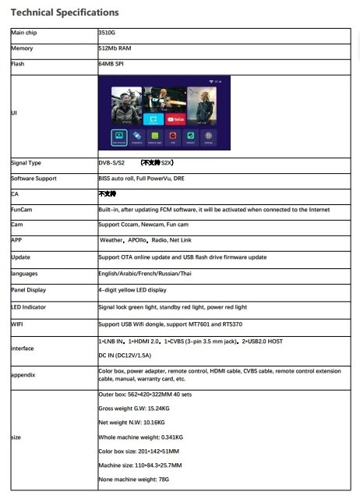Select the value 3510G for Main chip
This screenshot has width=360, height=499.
(x=106, y=34)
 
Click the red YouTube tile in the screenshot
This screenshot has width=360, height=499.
(x=178, y=119)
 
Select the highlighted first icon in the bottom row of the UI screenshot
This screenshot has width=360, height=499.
(x=118, y=136)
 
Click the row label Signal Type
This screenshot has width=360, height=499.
(x=26, y=163)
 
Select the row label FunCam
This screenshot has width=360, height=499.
(x=21, y=210)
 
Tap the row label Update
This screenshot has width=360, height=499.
(x=21, y=257)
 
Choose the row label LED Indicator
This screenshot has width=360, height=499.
(x=29, y=307)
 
